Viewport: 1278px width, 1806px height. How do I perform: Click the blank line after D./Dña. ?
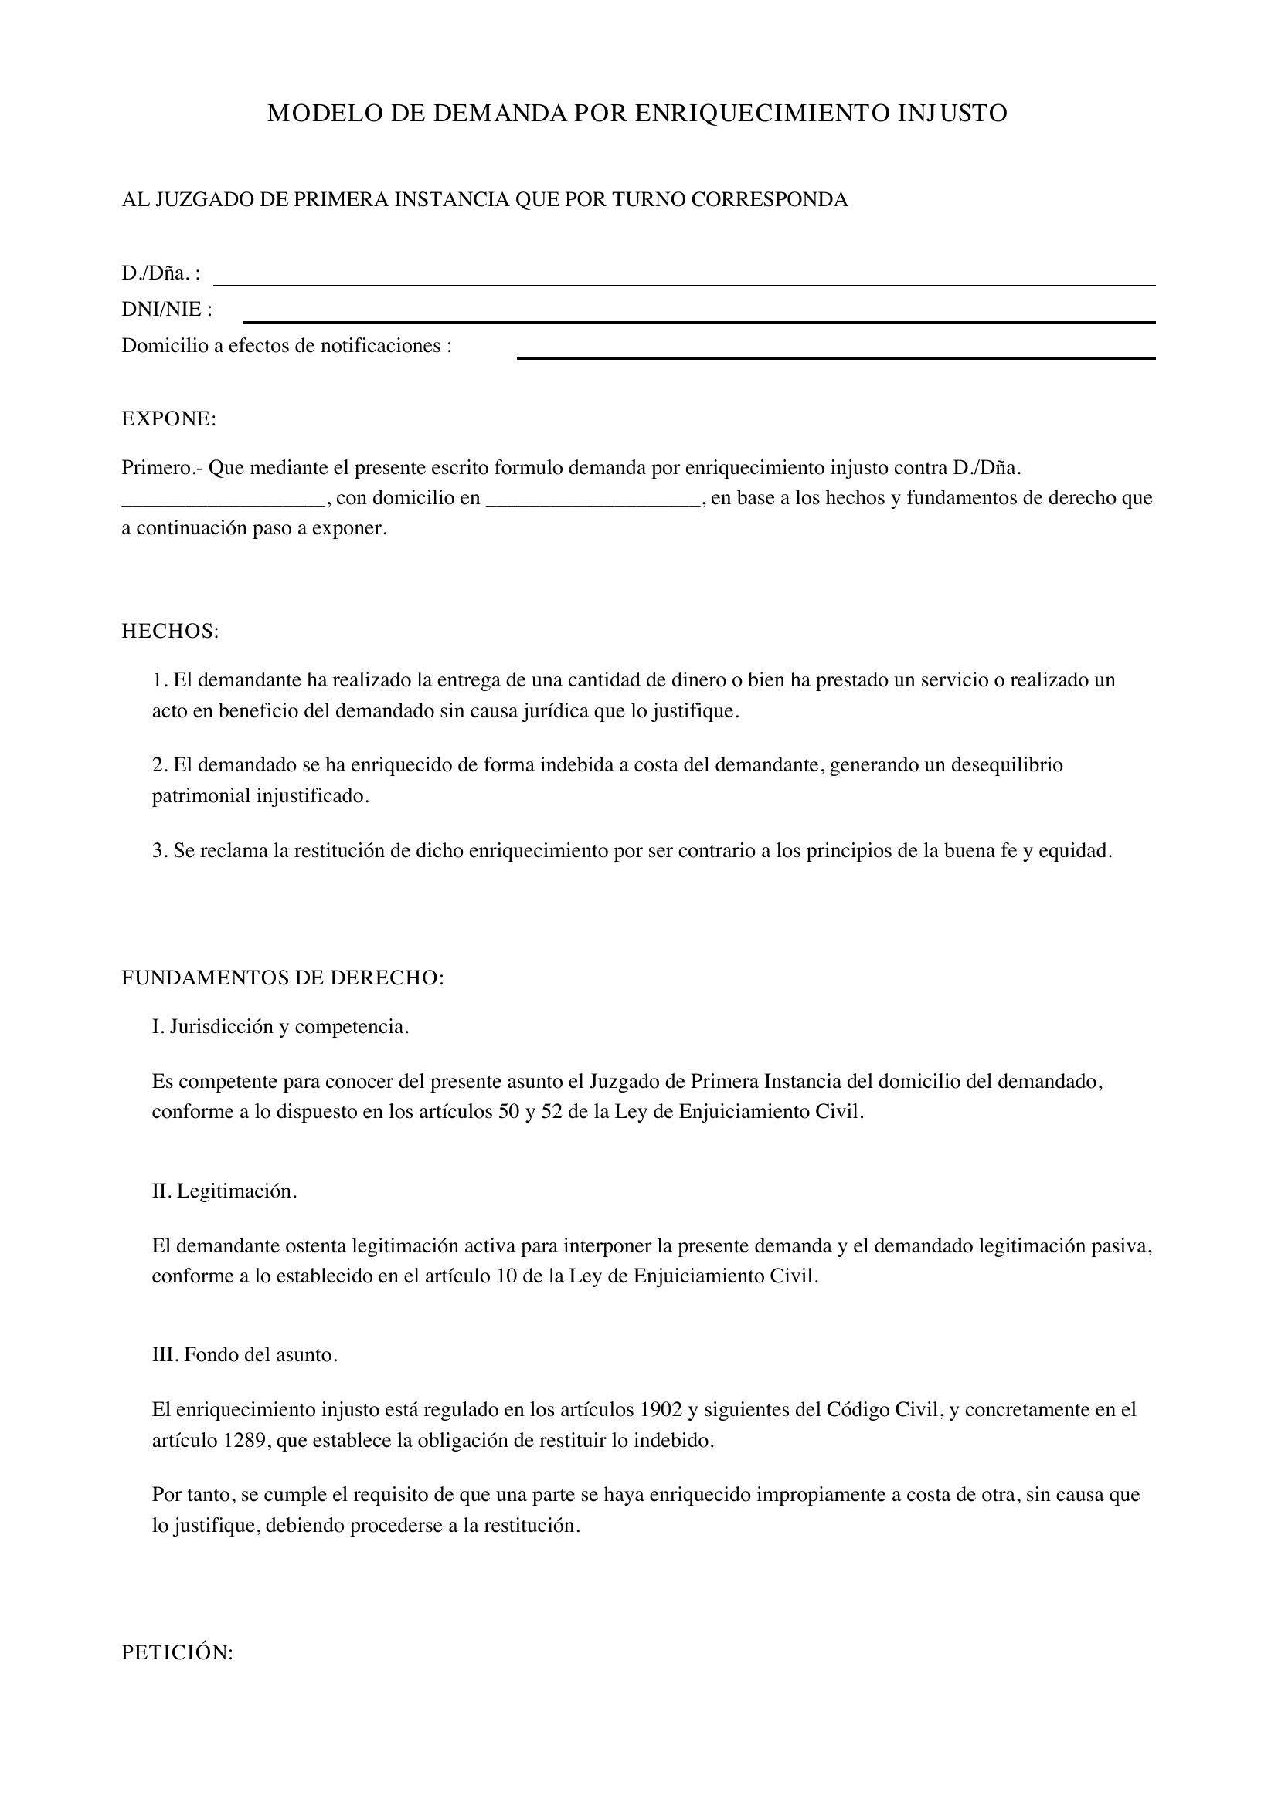pos(684,283)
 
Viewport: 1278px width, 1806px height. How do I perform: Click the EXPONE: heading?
pos(168,419)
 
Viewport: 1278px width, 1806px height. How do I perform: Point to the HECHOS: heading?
pos(170,631)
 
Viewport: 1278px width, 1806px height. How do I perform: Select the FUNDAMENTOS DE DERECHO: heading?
pos(283,978)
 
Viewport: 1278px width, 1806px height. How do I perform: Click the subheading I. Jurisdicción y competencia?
pos(280,1026)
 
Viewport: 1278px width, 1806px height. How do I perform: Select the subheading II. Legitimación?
pos(224,1191)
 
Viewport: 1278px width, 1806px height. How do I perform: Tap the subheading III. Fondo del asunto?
pos(245,1355)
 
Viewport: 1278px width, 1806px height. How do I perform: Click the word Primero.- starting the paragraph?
pos(162,468)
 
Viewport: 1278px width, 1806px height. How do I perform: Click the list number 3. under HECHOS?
pos(160,850)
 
